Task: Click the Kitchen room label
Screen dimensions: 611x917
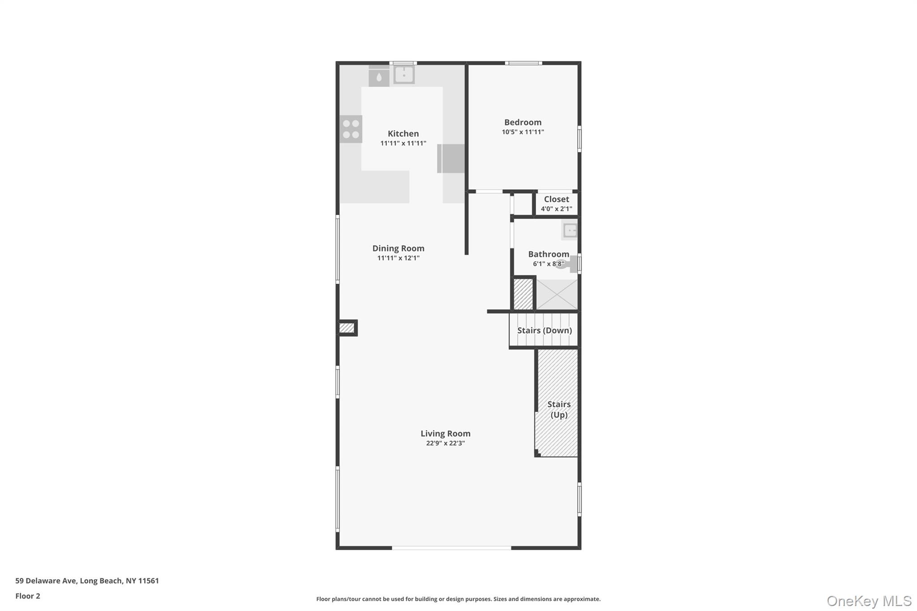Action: coord(403,133)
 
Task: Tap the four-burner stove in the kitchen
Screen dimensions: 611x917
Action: coord(351,129)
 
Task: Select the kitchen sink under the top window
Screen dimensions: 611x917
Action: coord(404,75)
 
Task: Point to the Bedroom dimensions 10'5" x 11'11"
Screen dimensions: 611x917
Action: coord(523,132)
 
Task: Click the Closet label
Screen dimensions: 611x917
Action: coord(556,199)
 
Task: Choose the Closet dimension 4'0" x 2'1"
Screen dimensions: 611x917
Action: coord(556,209)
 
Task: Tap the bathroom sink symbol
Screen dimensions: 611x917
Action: coord(570,231)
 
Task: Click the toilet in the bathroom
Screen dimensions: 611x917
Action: coord(568,265)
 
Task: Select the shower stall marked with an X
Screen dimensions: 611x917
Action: coord(557,294)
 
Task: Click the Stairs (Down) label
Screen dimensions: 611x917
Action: coord(544,330)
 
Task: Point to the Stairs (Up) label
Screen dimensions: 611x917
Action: coord(559,410)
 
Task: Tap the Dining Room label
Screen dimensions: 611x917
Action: coord(398,248)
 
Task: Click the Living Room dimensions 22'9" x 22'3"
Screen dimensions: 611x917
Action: coord(445,443)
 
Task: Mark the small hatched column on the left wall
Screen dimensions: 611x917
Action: coord(347,328)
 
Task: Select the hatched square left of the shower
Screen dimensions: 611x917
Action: coord(523,294)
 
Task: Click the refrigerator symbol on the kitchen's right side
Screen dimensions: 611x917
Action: coord(451,158)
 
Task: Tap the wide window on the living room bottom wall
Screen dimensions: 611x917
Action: coord(451,547)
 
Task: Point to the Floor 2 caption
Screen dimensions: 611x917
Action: coord(28,596)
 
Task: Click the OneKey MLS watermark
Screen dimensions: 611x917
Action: coord(869,601)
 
